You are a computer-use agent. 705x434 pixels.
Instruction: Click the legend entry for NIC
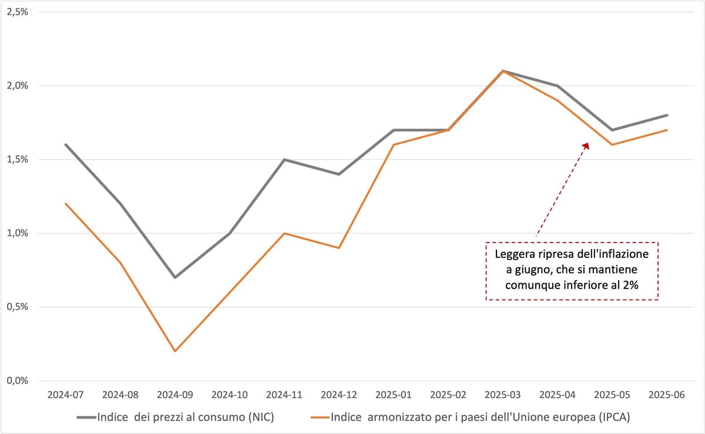176,418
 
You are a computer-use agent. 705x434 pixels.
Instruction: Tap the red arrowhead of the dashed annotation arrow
586,144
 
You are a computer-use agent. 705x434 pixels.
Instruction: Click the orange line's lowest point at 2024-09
174,351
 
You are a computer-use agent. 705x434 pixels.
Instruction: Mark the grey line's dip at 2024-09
174,277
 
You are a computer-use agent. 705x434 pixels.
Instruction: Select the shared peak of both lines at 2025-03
502,70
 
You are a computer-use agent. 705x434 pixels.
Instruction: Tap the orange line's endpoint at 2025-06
667,130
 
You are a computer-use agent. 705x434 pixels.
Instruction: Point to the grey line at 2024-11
284,159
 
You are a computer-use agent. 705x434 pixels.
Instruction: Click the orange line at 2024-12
338,248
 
